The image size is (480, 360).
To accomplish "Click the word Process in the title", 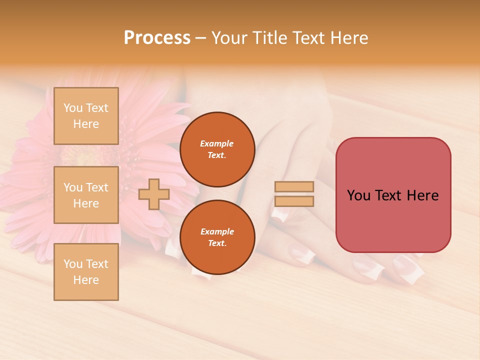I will pos(157,38).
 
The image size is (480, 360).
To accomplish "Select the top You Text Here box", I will pos(86,116).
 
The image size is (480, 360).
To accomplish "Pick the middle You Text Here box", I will pos(86,195).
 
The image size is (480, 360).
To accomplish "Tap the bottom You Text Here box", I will pos(86,272).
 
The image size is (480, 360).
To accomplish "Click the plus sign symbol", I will pos(153,194).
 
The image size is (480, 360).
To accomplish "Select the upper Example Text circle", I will pos(217,149).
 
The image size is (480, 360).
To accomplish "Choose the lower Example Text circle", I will pos(217,237).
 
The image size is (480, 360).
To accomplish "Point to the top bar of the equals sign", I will pos(294,187).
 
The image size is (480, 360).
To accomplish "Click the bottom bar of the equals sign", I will pos(294,201).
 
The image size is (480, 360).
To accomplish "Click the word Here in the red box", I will pos(422,195).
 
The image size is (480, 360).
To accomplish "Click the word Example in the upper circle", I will pos(217,143).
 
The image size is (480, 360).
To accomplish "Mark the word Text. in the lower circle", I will pos(217,243).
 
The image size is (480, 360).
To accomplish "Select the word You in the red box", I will pos(358,195).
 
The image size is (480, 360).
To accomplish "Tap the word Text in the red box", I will pos(389,195).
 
